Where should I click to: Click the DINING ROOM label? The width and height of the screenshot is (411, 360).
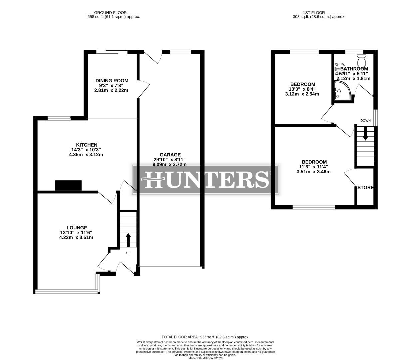(112, 81)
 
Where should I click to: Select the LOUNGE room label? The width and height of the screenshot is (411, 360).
(76, 228)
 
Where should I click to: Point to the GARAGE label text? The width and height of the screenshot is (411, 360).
(170, 155)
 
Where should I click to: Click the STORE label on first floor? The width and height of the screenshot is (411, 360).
(365, 188)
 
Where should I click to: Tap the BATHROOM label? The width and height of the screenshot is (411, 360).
(354, 69)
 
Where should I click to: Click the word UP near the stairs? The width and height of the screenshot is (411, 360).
(128, 253)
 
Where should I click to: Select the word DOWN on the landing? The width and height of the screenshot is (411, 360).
(365, 120)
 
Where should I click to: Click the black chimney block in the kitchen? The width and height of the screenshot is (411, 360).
(68, 185)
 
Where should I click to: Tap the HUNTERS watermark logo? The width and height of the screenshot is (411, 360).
(205, 179)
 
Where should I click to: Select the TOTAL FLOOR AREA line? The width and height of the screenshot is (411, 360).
(205, 337)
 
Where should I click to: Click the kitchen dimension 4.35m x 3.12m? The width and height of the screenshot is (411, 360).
(86, 154)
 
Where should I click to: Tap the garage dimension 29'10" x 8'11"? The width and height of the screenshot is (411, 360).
(169, 159)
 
